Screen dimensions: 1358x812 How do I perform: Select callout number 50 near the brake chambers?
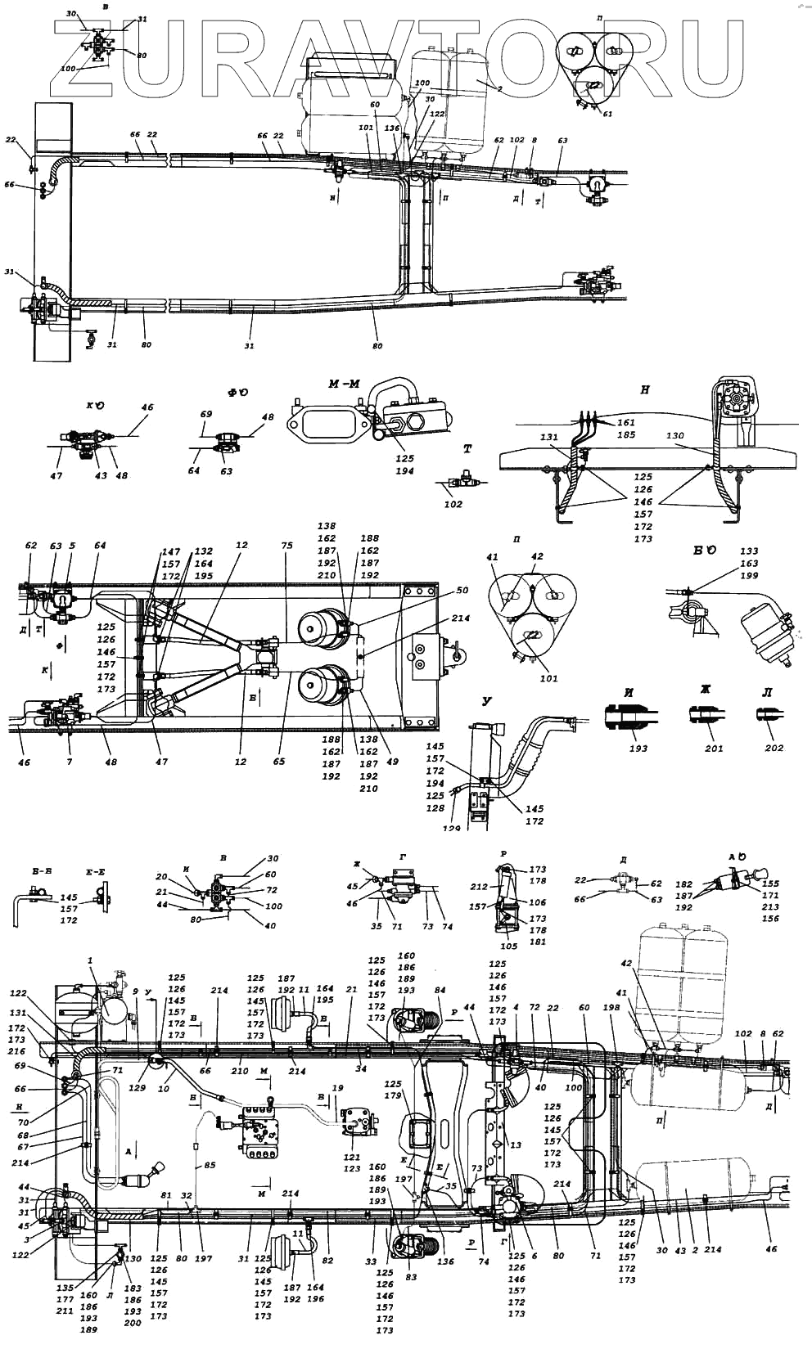click(x=462, y=591)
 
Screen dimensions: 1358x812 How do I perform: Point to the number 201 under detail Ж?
click(x=715, y=748)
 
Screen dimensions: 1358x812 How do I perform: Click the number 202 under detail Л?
click(x=774, y=748)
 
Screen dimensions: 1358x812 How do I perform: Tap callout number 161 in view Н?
click(x=626, y=423)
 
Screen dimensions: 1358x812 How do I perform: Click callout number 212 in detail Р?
click(x=479, y=885)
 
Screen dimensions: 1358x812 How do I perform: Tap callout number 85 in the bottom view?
click(x=210, y=1165)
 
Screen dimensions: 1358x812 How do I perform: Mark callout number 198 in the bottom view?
click(x=613, y=1009)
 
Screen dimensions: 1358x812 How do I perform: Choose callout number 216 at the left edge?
click(x=16, y=1051)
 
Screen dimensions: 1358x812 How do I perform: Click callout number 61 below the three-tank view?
click(x=607, y=115)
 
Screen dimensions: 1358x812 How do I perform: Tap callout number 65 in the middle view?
click(x=280, y=762)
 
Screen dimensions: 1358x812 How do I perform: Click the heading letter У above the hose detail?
click(x=488, y=701)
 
